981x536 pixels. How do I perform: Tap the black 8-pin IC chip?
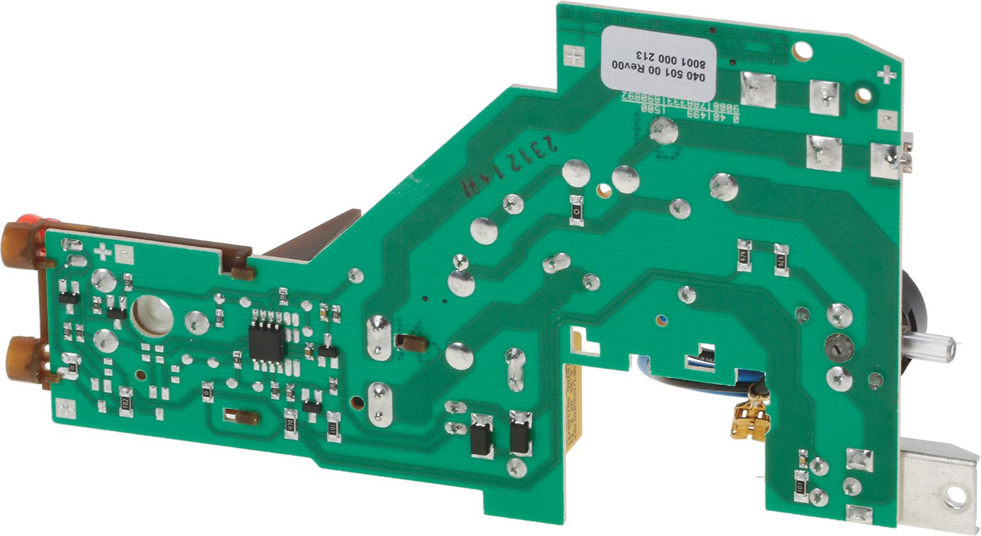click(267, 335)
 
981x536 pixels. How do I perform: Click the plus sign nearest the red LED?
click(102, 252)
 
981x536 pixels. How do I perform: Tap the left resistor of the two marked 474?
click(745, 254)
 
